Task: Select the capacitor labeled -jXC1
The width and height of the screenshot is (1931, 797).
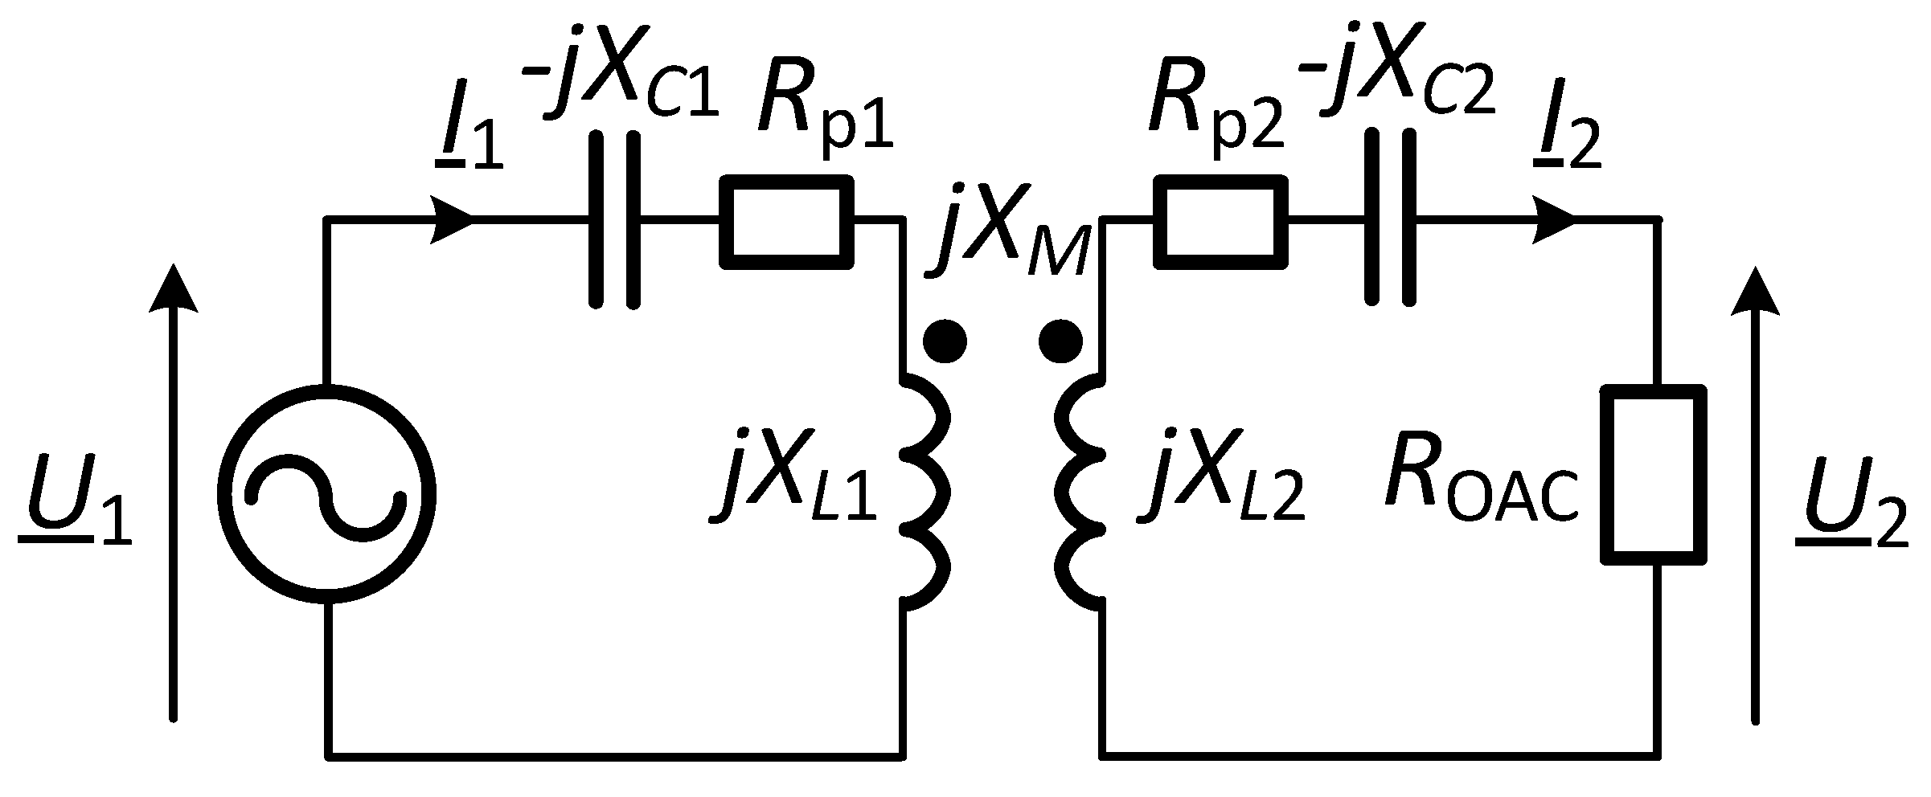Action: (615, 219)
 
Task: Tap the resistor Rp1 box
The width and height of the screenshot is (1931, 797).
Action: (785, 221)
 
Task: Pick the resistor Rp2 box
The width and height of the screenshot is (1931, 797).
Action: (1220, 221)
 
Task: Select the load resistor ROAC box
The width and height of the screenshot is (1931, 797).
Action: (1654, 474)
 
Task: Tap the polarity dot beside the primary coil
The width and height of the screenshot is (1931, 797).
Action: (945, 342)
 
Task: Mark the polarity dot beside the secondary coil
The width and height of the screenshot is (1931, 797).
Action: (1060, 342)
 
